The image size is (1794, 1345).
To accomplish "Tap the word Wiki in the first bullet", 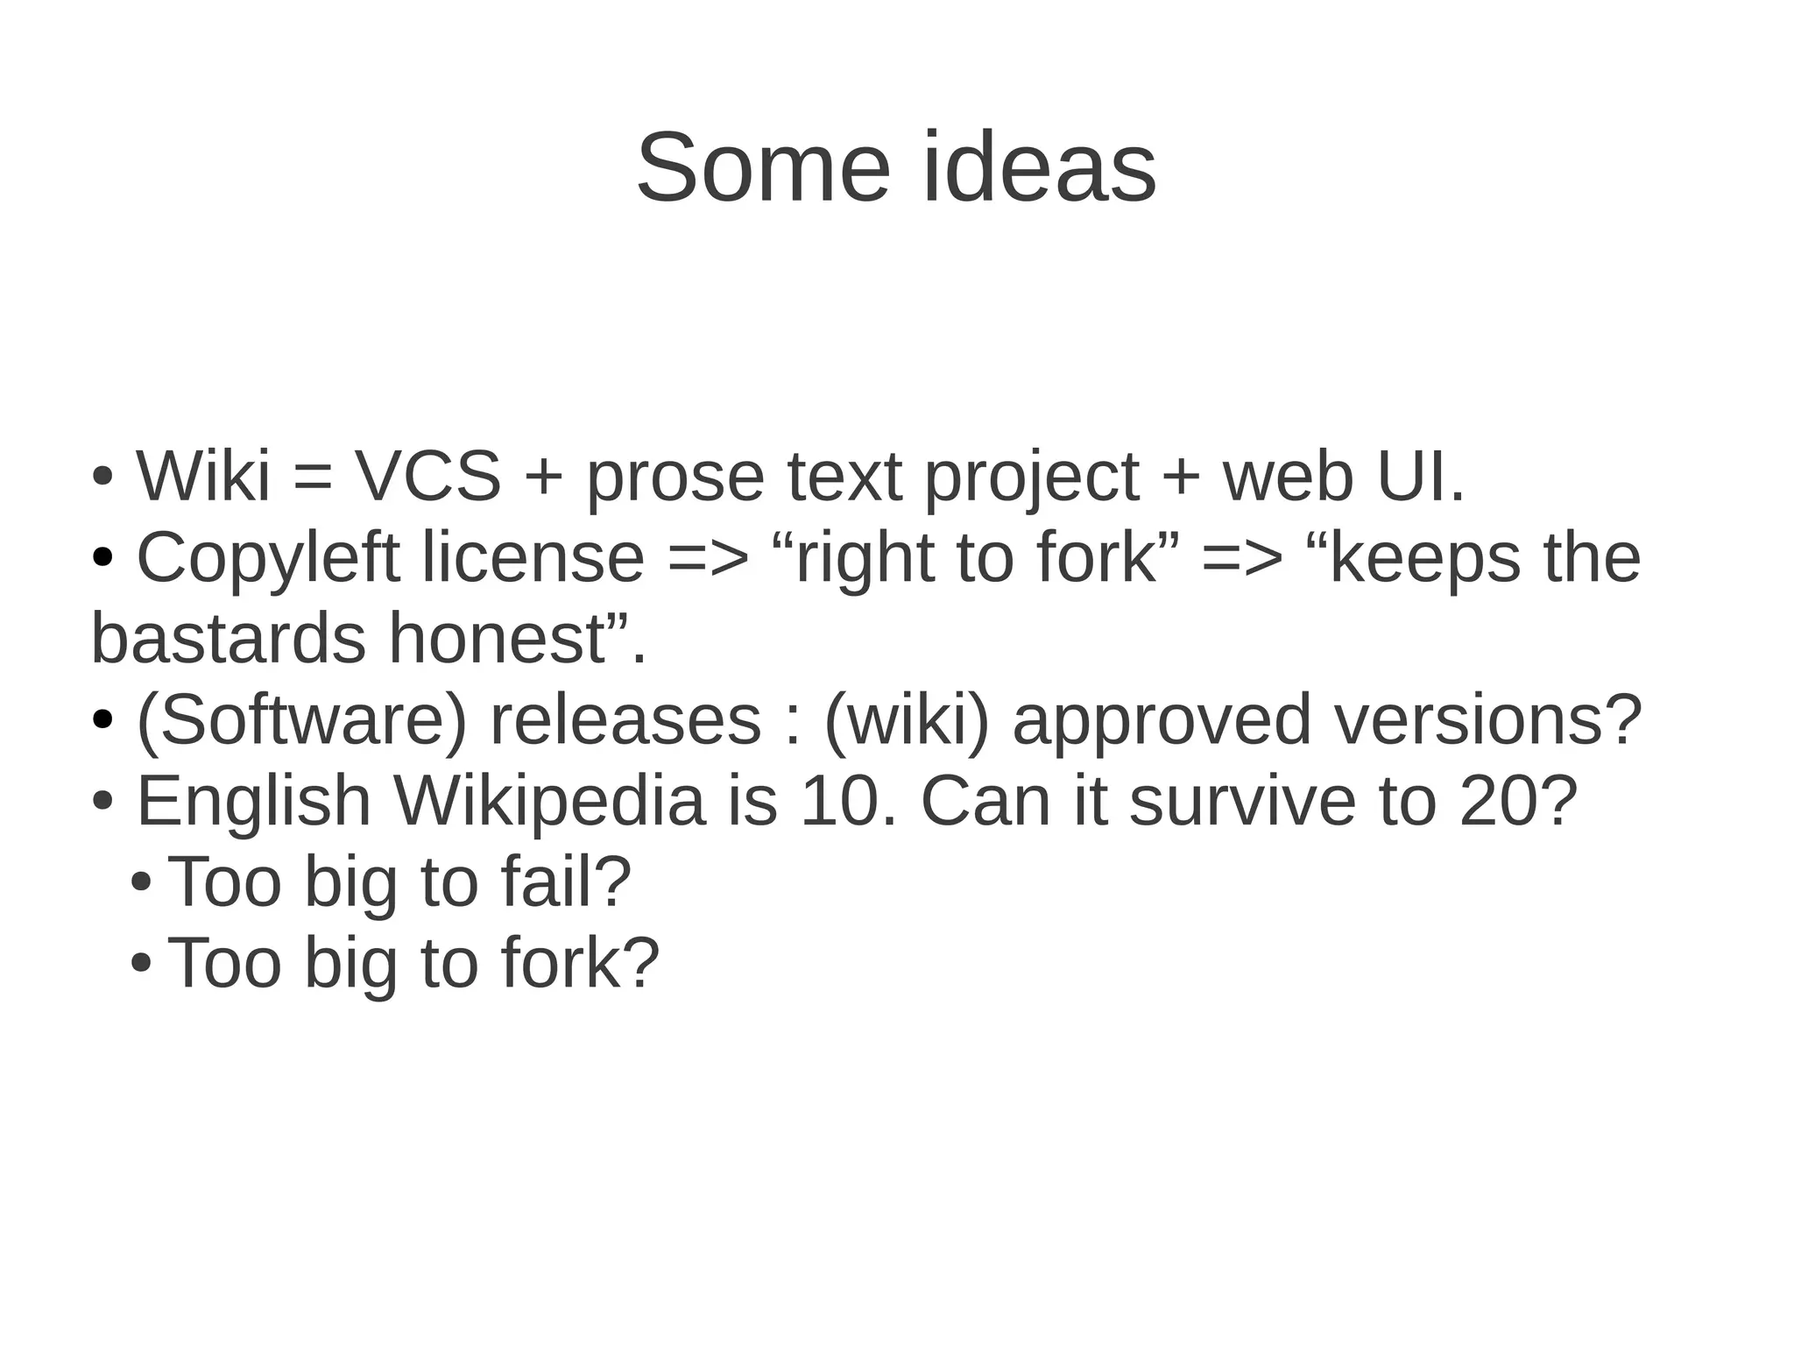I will click(x=203, y=477).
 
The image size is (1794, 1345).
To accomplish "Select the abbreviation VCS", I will click(x=427, y=477).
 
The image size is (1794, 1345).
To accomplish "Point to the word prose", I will click(x=675, y=480).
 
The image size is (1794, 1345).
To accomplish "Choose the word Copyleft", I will click(x=268, y=559).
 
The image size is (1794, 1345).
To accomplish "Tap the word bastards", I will click(x=228, y=639).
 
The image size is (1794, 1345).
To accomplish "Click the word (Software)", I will click(x=302, y=720).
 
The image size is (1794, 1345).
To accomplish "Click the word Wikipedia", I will click(x=550, y=802).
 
